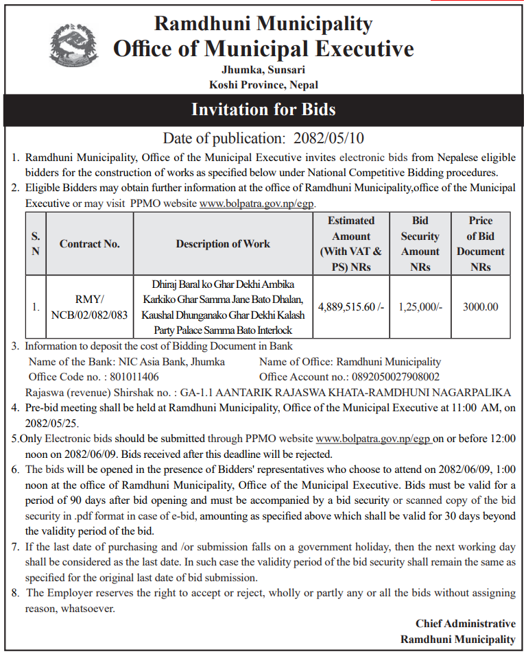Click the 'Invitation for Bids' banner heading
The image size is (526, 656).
click(263, 110)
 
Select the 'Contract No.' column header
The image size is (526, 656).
click(89, 243)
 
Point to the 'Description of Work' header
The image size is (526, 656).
click(223, 243)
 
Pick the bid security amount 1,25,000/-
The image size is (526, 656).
click(420, 307)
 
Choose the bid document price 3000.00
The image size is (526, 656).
click(480, 307)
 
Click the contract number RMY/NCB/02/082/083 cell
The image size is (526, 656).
click(89, 308)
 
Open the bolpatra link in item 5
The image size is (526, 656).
click(374, 438)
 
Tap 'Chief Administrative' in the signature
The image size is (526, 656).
click(465, 623)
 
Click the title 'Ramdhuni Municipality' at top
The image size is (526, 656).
click(263, 23)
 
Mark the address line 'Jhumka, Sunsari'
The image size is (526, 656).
click(263, 69)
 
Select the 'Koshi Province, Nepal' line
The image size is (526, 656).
click(263, 84)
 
